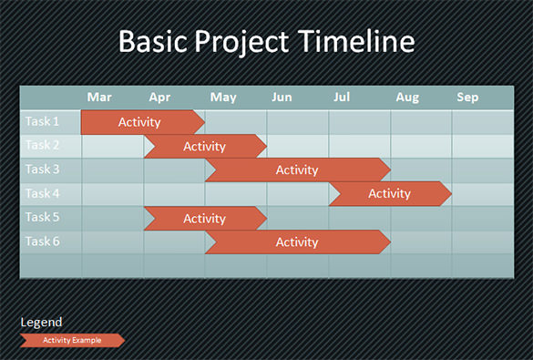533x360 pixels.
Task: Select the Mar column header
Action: (99, 97)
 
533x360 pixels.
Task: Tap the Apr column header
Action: (159, 97)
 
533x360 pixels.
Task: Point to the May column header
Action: (222, 97)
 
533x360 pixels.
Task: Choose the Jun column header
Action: (282, 97)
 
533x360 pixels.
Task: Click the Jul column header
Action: (343, 97)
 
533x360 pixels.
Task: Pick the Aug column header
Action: (407, 97)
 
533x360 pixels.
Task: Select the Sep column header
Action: (467, 97)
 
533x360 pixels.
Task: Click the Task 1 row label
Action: (42, 121)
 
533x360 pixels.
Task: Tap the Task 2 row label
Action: (42, 145)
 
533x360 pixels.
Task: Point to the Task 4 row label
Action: (42, 193)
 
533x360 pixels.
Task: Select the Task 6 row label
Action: (42, 242)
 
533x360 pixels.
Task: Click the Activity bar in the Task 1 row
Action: (140, 122)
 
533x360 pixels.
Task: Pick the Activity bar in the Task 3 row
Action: (296, 170)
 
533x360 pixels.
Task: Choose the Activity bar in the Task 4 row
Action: (389, 193)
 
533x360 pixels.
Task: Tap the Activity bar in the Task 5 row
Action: (204, 218)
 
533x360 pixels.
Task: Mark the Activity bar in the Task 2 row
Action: (204, 146)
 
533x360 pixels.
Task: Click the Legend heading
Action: (41, 322)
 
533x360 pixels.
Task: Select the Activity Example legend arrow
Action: (72, 340)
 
